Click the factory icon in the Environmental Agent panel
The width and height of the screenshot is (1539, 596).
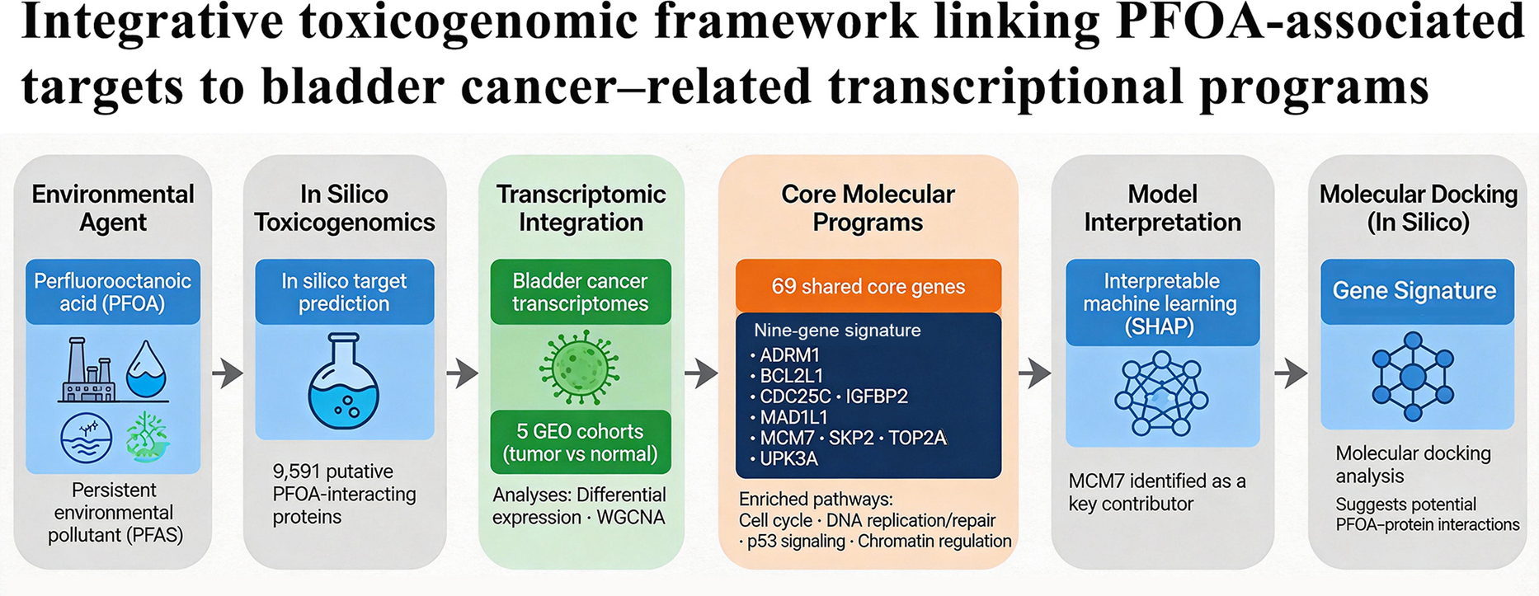click(x=88, y=370)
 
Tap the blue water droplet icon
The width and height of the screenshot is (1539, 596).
click(x=146, y=369)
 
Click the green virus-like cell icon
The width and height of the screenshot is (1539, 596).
click(x=579, y=366)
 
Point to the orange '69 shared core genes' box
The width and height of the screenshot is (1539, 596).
click(x=868, y=286)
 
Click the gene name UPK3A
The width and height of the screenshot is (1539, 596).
click(x=788, y=458)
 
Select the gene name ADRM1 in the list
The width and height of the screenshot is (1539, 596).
click(x=789, y=355)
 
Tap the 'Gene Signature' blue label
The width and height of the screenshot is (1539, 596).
click(x=1415, y=290)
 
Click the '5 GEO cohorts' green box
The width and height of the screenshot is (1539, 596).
click(x=580, y=443)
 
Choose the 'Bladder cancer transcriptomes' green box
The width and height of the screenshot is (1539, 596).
click(x=580, y=292)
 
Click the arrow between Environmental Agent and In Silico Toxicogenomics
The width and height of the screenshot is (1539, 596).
click(x=227, y=373)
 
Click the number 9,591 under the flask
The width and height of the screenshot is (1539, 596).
click(x=294, y=472)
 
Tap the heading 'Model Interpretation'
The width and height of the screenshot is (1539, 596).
click(x=1161, y=208)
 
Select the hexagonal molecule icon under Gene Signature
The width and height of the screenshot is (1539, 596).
click(x=1413, y=377)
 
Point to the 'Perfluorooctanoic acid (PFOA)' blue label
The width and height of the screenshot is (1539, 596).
click(x=112, y=292)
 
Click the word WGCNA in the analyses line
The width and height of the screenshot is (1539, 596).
click(x=630, y=518)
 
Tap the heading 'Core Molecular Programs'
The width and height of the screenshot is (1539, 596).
click(x=868, y=208)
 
